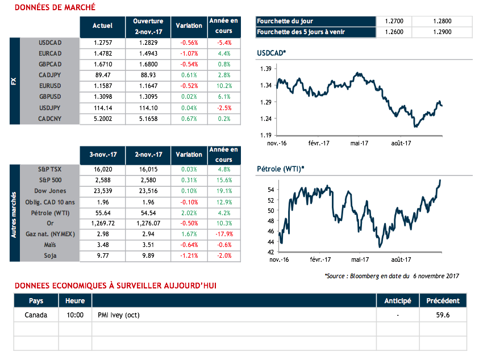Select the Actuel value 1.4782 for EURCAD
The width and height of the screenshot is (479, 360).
[102, 53]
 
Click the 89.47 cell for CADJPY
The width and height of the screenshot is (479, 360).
[102, 75]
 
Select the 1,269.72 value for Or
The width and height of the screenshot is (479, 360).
[102, 224]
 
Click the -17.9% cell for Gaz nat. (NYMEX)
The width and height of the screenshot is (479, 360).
[223, 235]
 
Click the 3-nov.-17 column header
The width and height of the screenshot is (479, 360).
[102, 154]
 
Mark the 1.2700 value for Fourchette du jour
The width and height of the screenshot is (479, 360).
[394, 22]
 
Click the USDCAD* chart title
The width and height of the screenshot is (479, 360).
[272, 53]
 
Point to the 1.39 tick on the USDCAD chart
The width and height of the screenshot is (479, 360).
[265, 69]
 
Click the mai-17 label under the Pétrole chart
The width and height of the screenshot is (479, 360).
[359, 259]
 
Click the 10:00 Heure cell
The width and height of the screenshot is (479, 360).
[75, 315]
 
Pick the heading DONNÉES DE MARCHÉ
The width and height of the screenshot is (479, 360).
[55, 7]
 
